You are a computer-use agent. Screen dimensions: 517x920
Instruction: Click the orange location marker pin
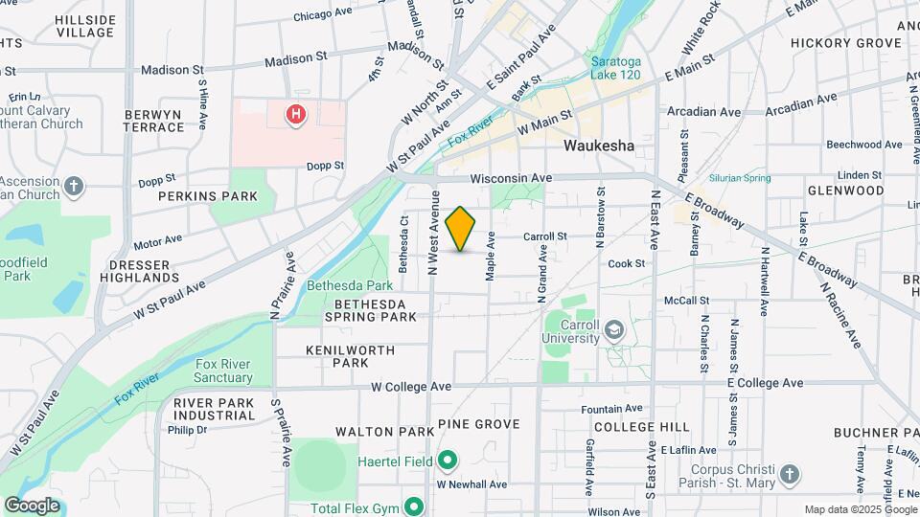(x=461, y=228)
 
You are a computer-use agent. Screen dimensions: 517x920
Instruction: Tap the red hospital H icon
(x=296, y=116)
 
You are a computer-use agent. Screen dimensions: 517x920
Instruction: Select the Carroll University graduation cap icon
(x=613, y=330)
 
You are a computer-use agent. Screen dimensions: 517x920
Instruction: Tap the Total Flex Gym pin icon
(x=414, y=506)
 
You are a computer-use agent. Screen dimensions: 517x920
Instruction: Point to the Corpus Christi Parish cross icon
(x=789, y=474)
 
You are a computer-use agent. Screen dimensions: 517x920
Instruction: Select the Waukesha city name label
(x=599, y=146)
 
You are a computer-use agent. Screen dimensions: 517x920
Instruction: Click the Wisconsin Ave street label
(x=511, y=178)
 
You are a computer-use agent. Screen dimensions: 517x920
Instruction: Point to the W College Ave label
(x=411, y=386)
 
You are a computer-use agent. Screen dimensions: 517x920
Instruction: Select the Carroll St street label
(x=545, y=236)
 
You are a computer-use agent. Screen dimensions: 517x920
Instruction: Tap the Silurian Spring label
(x=740, y=178)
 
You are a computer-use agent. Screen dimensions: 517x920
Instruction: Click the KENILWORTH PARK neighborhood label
(x=350, y=356)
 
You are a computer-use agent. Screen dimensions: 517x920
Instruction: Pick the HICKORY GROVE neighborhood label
(x=845, y=43)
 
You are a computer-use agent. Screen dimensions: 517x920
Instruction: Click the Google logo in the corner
(x=32, y=506)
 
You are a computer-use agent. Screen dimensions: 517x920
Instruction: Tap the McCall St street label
(x=686, y=301)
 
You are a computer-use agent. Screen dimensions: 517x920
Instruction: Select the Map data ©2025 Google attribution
(x=859, y=509)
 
